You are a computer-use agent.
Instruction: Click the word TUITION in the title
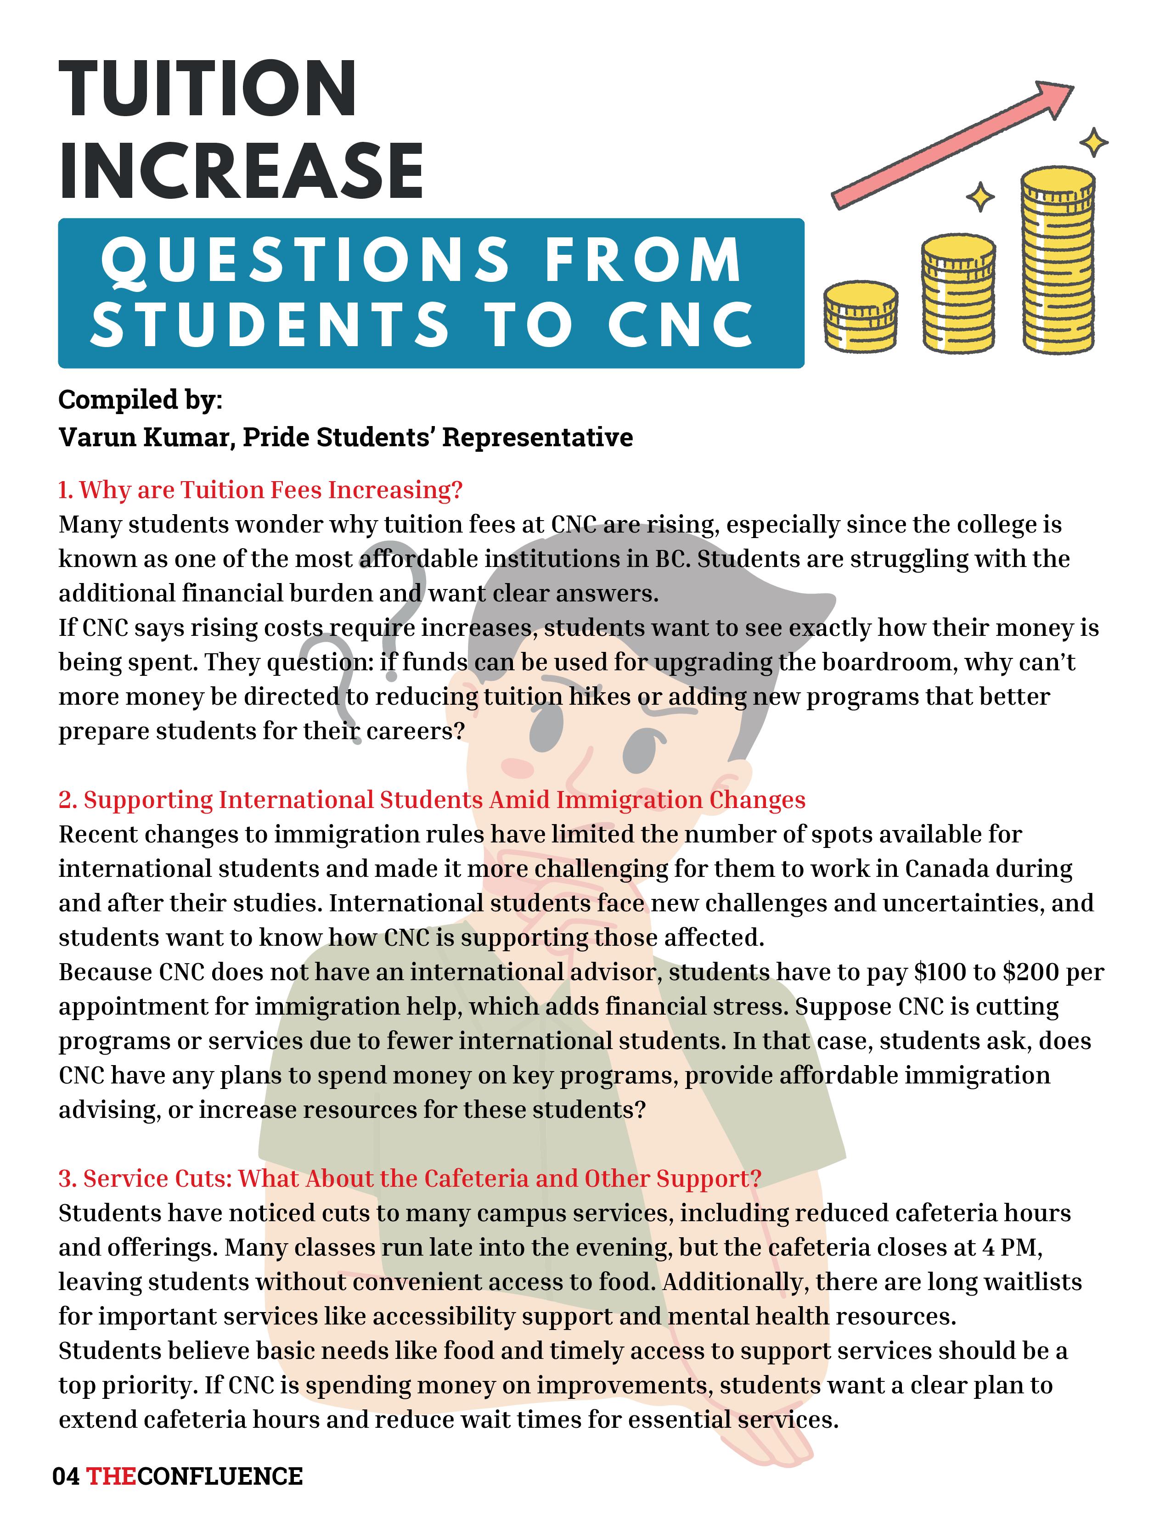point(208,90)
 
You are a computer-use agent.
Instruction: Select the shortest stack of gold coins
point(860,316)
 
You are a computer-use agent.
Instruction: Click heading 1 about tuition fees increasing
point(260,490)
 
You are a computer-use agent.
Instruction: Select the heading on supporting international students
point(432,800)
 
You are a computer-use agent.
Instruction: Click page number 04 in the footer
point(66,1476)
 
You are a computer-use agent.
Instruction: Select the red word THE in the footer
point(111,1476)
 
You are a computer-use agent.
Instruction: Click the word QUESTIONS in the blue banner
point(305,260)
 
